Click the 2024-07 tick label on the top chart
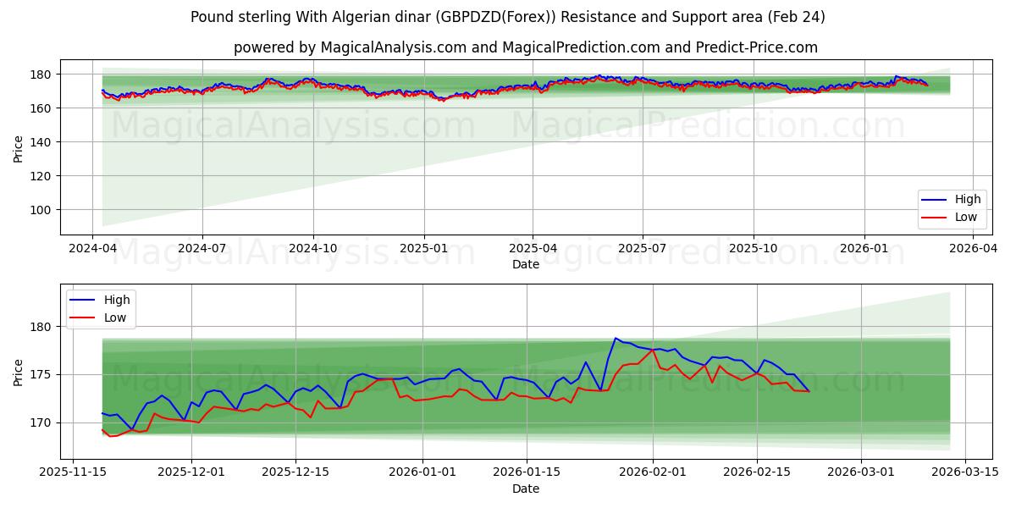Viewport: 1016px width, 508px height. pyautogui.click(x=202, y=249)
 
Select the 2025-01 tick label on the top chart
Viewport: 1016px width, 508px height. pyautogui.click(x=423, y=249)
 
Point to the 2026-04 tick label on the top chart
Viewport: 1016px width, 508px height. pyautogui.click(x=973, y=249)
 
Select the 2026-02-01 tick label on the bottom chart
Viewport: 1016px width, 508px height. pyautogui.click(x=653, y=472)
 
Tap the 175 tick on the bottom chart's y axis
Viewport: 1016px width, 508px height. pyautogui.click(x=44, y=374)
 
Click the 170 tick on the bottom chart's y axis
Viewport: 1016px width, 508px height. pyautogui.click(x=44, y=422)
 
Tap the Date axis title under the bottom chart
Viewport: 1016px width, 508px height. pyautogui.click(x=525, y=489)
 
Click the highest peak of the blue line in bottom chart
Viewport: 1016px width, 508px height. pyautogui.click(x=616, y=339)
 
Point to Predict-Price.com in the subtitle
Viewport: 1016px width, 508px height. pyautogui.click(x=756, y=47)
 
